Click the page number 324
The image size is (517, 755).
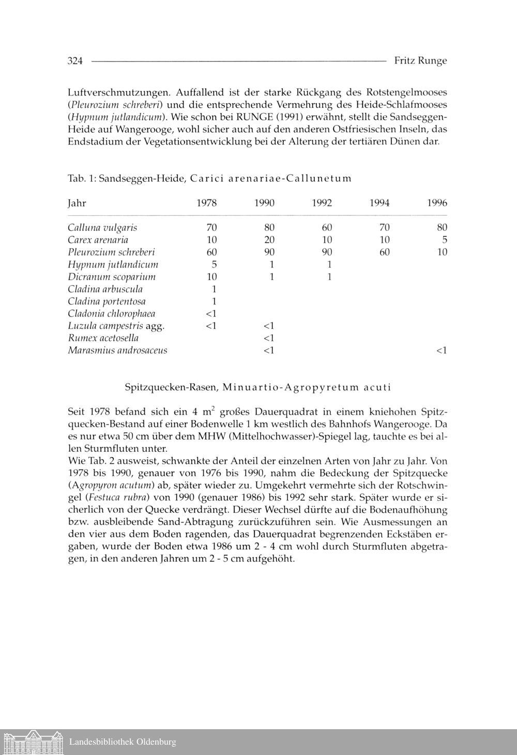tap(75, 61)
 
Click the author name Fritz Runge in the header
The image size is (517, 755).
tap(420, 61)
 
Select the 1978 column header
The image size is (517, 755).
tap(207, 203)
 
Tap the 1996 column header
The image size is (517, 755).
tap(437, 203)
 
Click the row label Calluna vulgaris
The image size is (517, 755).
tap(102, 228)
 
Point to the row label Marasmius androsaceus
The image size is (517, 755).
tap(117, 351)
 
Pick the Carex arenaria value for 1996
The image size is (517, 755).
tap(444, 240)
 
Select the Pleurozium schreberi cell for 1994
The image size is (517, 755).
tap(384, 253)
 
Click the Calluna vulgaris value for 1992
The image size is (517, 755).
tap(327, 228)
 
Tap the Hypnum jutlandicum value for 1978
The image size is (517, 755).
tap(214, 265)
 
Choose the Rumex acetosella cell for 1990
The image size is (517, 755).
tap(268, 338)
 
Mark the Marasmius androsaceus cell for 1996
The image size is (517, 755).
tap(441, 351)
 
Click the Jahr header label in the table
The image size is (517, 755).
tap(77, 203)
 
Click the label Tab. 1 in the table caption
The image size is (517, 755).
tap(81, 179)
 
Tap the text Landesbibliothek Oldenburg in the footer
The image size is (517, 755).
tap(123, 742)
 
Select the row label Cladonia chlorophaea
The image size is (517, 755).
tap(111, 314)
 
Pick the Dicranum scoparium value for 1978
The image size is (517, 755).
tap(211, 277)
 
